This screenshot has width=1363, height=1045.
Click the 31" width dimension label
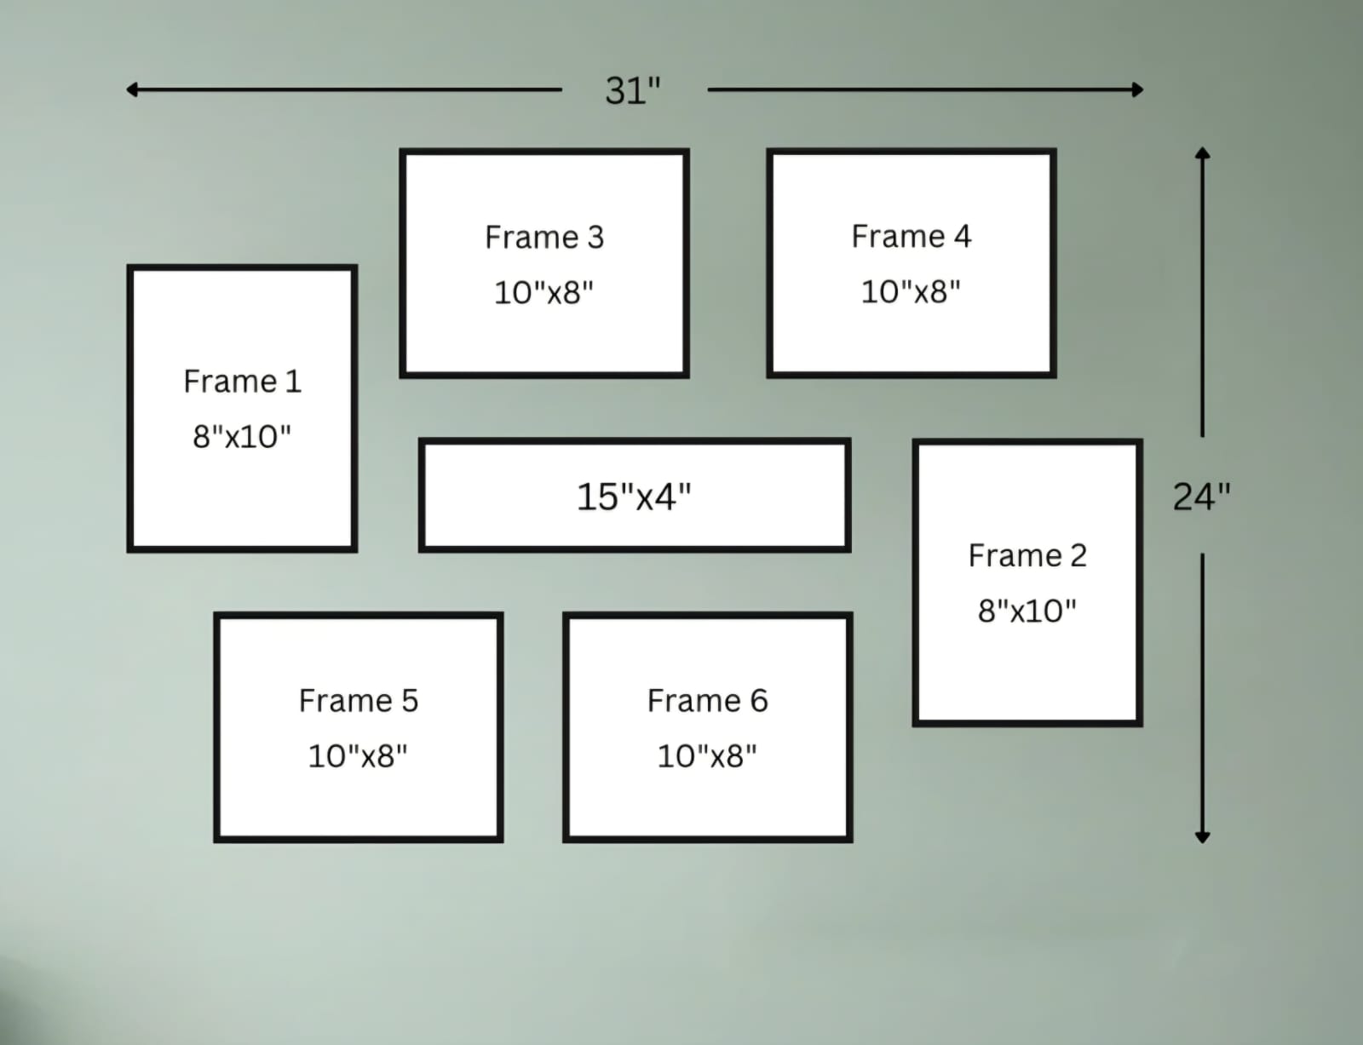(x=633, y=91)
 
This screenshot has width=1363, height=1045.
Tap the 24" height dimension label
(x=1201, y=497)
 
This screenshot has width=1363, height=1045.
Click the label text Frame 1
(x=242, y=382)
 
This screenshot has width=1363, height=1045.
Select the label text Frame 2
(x=1027, y=555)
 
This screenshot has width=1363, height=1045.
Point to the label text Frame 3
(x=544, y=237)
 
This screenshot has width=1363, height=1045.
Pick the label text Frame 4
(x=912, y=236)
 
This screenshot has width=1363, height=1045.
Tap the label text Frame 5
(x=358, y=700)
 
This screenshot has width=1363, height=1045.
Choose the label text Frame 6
(x=708, y=700)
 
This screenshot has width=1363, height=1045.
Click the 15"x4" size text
(x=634, y=497)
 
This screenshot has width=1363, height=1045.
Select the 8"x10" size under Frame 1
(x=242, y=436)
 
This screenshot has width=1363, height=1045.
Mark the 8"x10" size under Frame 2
(x=1027, y=611)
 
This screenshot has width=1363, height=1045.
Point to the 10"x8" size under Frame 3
(x=543, y=292)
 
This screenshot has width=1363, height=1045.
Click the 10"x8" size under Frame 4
(x=911, y=291)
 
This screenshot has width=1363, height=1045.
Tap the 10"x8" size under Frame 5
(x=358, y=755)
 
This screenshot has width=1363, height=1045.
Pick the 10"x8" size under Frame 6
(x=707, y=755)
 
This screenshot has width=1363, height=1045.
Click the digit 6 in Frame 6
(x=759, y=700)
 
